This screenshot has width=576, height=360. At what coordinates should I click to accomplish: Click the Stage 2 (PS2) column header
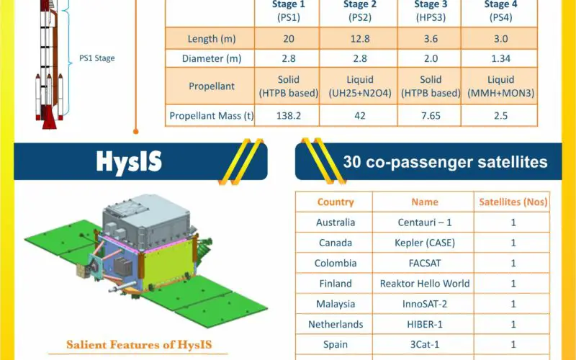(359, 11)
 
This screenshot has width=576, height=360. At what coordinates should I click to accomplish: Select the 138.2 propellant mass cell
(289, 116)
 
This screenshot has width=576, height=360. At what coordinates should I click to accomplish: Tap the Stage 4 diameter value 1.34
(500, 58)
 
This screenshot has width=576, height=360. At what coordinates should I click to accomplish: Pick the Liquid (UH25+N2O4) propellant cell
(359, 86)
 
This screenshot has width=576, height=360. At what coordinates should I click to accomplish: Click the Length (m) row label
(212, 39)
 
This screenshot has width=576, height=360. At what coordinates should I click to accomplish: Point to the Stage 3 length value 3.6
(431, 39)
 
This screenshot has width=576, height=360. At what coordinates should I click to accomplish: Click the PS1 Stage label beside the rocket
(97, 58)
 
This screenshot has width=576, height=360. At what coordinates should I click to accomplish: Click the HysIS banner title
(129, 161)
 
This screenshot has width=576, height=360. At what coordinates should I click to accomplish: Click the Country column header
(336, 202)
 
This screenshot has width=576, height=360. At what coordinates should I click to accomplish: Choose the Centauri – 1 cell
(425, 222)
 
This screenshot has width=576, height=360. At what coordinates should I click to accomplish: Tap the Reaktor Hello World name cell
(425, 283)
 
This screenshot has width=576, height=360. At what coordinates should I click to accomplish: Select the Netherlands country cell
(336, 324)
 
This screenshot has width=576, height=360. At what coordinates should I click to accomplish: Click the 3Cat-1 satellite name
(425, 345)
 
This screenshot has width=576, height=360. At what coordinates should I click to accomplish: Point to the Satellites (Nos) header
(513, 202)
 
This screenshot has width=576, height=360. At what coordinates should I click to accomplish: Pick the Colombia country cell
(336, 263)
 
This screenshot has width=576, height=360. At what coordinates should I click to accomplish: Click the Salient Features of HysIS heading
(139, 345)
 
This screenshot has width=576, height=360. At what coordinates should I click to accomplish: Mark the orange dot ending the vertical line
(135, 131)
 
